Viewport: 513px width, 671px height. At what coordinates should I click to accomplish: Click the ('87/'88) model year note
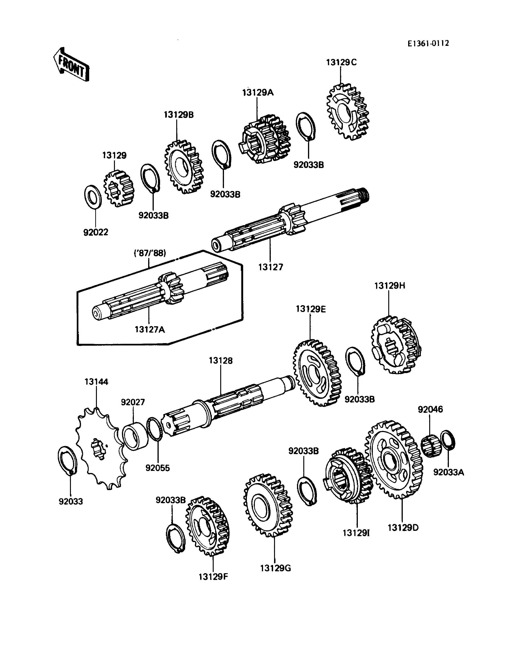[x=150, y=253]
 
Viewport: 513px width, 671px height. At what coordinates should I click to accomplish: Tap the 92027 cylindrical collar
[x=134, y=435]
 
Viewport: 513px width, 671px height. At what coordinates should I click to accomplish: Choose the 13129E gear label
[x=311, y=309]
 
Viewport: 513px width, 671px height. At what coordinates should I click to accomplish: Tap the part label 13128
[x=220, y=361]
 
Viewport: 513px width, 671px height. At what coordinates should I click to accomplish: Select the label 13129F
[x=213, y=577]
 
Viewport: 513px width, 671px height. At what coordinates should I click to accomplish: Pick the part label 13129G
[x=275, y=568]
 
